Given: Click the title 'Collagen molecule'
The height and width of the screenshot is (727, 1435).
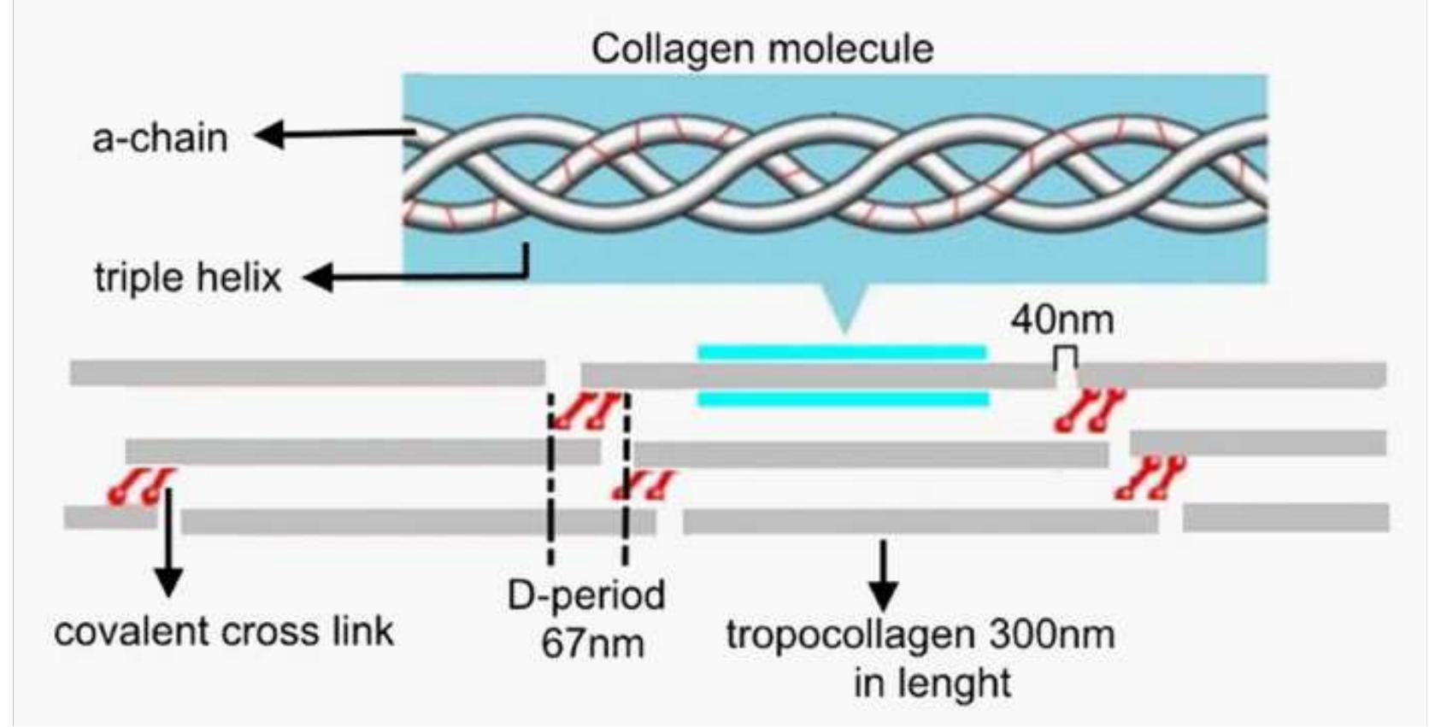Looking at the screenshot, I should coord(762,49).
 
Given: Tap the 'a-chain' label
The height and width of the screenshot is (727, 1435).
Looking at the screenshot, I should coord(160,138).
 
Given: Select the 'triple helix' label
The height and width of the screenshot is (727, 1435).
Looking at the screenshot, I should coord(187,278).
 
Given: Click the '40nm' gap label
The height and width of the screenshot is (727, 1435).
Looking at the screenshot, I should coord(1062,320).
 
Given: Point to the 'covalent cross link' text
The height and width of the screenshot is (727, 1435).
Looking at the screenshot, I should coord(224,631).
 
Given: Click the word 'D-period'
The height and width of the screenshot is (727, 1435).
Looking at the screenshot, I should coord(585,595).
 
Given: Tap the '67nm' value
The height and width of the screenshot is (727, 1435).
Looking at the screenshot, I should coord(591,642).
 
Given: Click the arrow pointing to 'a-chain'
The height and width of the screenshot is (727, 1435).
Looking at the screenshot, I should coord(333,134).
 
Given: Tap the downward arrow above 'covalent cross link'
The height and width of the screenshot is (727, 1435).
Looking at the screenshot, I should coord(169,547).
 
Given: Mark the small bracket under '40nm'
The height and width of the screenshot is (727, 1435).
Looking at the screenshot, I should coord(1065,358).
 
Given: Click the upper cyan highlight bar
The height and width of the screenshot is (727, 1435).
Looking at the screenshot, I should coord(842,351).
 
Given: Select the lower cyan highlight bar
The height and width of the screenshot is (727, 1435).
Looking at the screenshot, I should coord(844,399).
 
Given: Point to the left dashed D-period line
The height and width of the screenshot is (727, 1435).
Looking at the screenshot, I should coord(550,478).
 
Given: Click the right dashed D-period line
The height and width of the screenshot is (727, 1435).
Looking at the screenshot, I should coord(626,478).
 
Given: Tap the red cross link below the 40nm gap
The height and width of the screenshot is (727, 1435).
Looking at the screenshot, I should coord(1089,409).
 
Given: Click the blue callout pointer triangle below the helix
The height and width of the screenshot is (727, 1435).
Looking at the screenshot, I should coord(844,308).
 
